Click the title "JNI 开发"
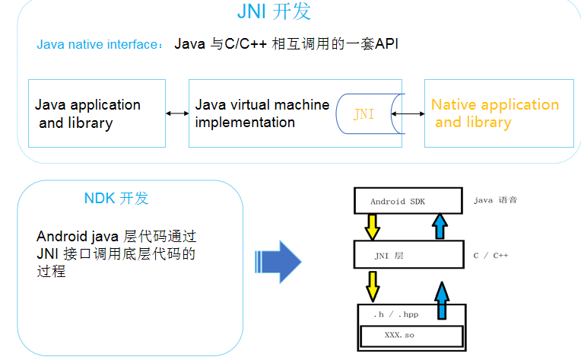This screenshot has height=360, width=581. pyautogui.click(x=274, y=13)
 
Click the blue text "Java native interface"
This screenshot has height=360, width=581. pyautogui.click(x=97, y=44)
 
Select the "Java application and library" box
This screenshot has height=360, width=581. pyautogui.click(x=97, y=113)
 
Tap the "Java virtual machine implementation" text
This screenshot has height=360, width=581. pyautogui.click(x=262, y=113)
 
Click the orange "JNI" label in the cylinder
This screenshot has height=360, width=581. pyautogui.click(x=364, y=114)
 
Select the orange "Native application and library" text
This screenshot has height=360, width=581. pyautogui.click(x=494, y=113)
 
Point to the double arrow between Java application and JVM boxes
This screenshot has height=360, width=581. pyautogui.click(x=177, y=113)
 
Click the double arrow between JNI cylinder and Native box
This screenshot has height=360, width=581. pyautogui.click(x=408, y=114)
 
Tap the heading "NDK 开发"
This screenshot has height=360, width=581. pyautogui.click(x=116, y=199)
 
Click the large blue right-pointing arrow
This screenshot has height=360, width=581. pyautogui.click(x=278, y=261)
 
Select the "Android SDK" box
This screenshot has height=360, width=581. pyautogui.click(x=408, y=201)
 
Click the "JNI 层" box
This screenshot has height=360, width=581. pyautogui.click(x=408, y=255)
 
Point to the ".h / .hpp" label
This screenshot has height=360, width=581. pyautogui.click(x=396, y=314)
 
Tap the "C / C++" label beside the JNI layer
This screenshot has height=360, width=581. pyautogui.click(x=491, y=255)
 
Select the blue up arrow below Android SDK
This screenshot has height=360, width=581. pyautogui.click(x=439, y=226)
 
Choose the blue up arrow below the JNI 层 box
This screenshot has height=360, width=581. pyautogui.click(x=443, y=301)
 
